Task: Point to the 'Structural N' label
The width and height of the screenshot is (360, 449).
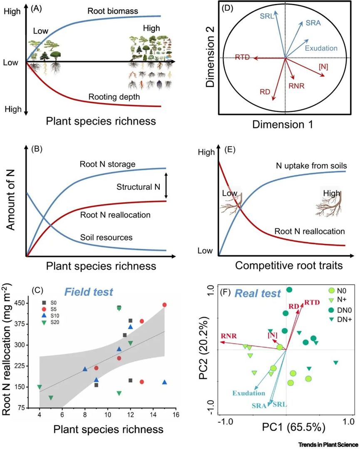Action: pyautogui.click(x=138, y=188)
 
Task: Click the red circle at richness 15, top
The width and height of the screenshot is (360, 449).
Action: pyautogui.click(x=164, y=305)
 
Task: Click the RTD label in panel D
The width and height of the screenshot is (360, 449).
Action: pyautogui.click(x=242, y=57)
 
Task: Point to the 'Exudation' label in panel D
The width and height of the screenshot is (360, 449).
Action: pyautogui.click(x=321, y=48)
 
